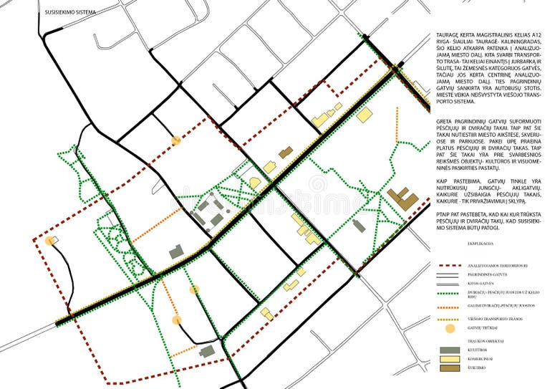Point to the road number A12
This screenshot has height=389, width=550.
(534, 35)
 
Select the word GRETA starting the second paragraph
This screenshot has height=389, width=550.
(444, 123)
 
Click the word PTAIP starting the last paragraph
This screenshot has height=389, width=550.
(444, 213)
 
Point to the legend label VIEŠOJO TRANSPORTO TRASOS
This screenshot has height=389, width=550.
(503, 318)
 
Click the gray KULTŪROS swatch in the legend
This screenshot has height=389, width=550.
(449, 350)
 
